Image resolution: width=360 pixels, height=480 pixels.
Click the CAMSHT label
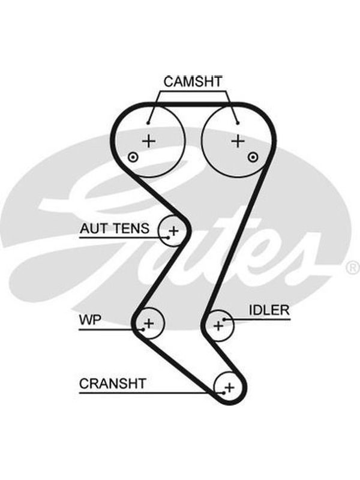tap(193, 82)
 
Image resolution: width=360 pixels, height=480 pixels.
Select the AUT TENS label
tap(115, 229)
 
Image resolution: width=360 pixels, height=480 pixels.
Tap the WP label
tap(90, 320)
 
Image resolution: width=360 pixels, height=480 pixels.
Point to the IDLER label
tap(269, 310)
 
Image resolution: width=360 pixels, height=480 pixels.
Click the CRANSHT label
tap(112, 383)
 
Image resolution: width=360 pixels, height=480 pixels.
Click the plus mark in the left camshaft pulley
tap(149, 141)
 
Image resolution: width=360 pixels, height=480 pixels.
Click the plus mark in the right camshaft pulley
tap(238, 141)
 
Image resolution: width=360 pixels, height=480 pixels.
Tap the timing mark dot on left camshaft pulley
tap(133, 157)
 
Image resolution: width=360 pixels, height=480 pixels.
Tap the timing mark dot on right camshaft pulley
tap(253, 157)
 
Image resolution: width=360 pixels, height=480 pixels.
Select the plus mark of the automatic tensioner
tap(173, 230)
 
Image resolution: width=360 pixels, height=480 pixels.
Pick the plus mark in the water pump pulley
tap(149, 323)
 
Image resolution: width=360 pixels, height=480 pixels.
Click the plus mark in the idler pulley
tap(218, 326)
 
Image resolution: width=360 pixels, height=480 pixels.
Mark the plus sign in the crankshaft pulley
tap(229, 388)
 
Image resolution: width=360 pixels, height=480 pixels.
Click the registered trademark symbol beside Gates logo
tap(353, 268)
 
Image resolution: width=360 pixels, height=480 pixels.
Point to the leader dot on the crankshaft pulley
tap(224, 393)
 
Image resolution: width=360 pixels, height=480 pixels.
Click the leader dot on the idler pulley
tap(224, 320)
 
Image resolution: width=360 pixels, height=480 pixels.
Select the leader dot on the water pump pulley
tap(143, 329)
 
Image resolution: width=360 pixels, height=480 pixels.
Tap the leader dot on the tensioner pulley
tap(168, 237)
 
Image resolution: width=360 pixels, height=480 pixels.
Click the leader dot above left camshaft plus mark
tap(148, 123)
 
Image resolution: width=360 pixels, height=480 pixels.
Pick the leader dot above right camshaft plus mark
tap(238, 123)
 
